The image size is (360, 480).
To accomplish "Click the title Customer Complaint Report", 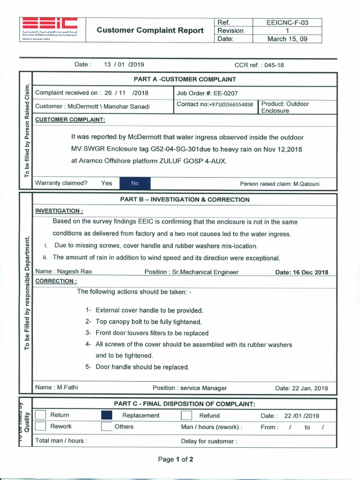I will pyautogui.click(x=150, y=30).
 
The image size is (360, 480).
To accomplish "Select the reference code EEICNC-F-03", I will pyautogui.click(x=287, y=22).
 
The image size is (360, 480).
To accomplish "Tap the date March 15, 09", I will pyautogui.click(x=287, y=39).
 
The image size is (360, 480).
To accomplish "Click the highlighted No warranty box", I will pyautogui.click(x=135, y=183).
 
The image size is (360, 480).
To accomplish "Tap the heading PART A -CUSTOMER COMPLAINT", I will pyautogui.click(x=185, y=79).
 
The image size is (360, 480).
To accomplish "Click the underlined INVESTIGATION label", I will pyautogui.click(x=59, y=211).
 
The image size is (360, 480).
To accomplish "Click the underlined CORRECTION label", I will pyautogui.click(x=56, y=281).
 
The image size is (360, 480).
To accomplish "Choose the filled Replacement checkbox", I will pyautogui.click(x=106, y=415).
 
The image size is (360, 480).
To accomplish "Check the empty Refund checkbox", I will pyautogui.click(x=186, y=415).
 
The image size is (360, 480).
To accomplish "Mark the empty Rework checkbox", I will pyautogui.click(x=41, y=427).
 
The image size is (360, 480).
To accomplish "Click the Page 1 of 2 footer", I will pyautogui.click(x=175, y=459).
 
